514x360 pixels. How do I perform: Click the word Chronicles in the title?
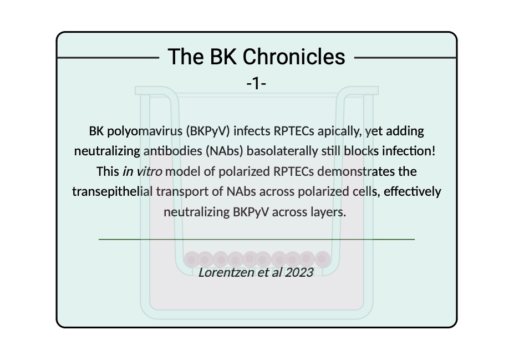294,57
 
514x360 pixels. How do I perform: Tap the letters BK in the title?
222,57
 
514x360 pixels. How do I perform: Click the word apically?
342,131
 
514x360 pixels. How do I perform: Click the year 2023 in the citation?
299,272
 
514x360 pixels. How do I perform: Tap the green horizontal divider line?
257,239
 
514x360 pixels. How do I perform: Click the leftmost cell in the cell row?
191,258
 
